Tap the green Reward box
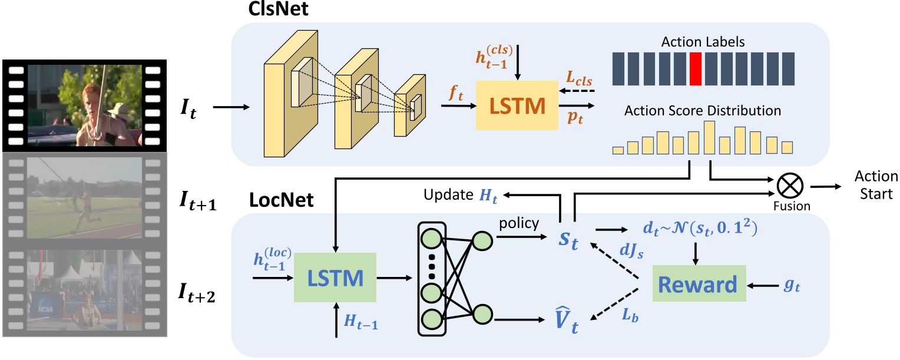pos(697,285)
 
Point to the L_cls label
pos(580,79)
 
